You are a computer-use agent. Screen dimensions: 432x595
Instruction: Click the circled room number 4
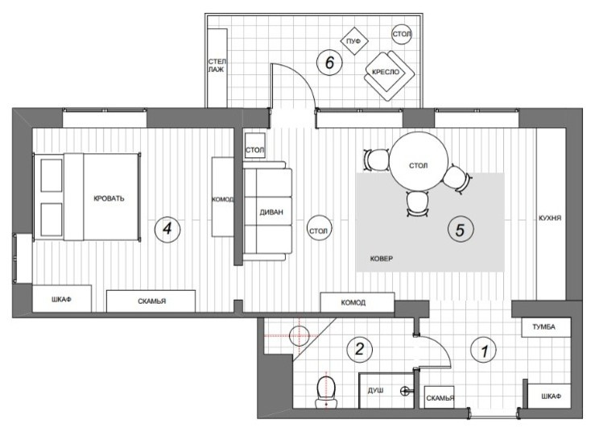167,229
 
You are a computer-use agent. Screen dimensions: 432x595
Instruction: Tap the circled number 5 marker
460,230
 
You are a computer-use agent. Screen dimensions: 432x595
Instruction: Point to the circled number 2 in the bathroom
359,350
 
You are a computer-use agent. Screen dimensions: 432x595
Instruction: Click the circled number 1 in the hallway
484,351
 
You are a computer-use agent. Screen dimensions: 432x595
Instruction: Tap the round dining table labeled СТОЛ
417,164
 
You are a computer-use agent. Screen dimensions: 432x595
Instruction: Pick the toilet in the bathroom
326,389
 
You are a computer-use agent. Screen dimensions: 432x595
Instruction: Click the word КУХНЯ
551,218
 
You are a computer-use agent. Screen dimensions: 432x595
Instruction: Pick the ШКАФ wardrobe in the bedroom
61,300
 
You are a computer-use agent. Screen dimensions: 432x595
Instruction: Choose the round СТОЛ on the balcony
402,35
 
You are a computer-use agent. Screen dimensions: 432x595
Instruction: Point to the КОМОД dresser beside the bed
222,197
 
